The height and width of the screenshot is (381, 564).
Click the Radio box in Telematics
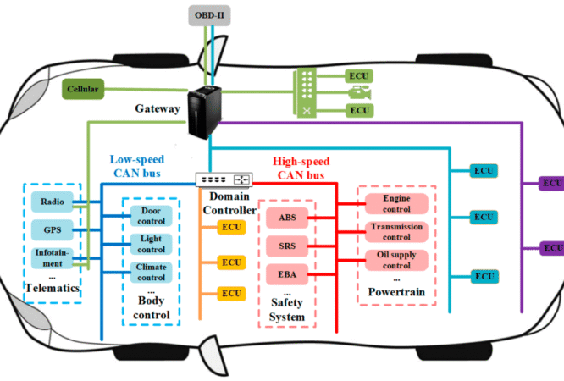pyautogui.click(x=49, y=202)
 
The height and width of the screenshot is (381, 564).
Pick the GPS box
pyautogui.click(x=49, y=229)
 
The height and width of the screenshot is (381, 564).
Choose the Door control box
pyautogui.click(x=151, y=216)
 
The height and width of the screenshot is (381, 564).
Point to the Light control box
pyautogui.click(x=151, y=245)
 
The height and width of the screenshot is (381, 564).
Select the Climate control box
pyautogui.click(x=151, y=273)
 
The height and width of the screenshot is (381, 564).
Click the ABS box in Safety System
pyautogui.click(x=287, y=218)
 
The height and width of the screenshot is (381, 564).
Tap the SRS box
pyautogui.click(x=287, y=246)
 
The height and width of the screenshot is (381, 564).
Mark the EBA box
pyautogui.click(x=287, y=275)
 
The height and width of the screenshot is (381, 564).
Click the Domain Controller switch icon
pyautogui.click(x=224, y=179)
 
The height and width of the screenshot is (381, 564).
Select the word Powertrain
pyautogui.click(x=395, y=293)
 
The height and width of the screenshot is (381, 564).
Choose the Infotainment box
pyautogui.click(x=51, y=257)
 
